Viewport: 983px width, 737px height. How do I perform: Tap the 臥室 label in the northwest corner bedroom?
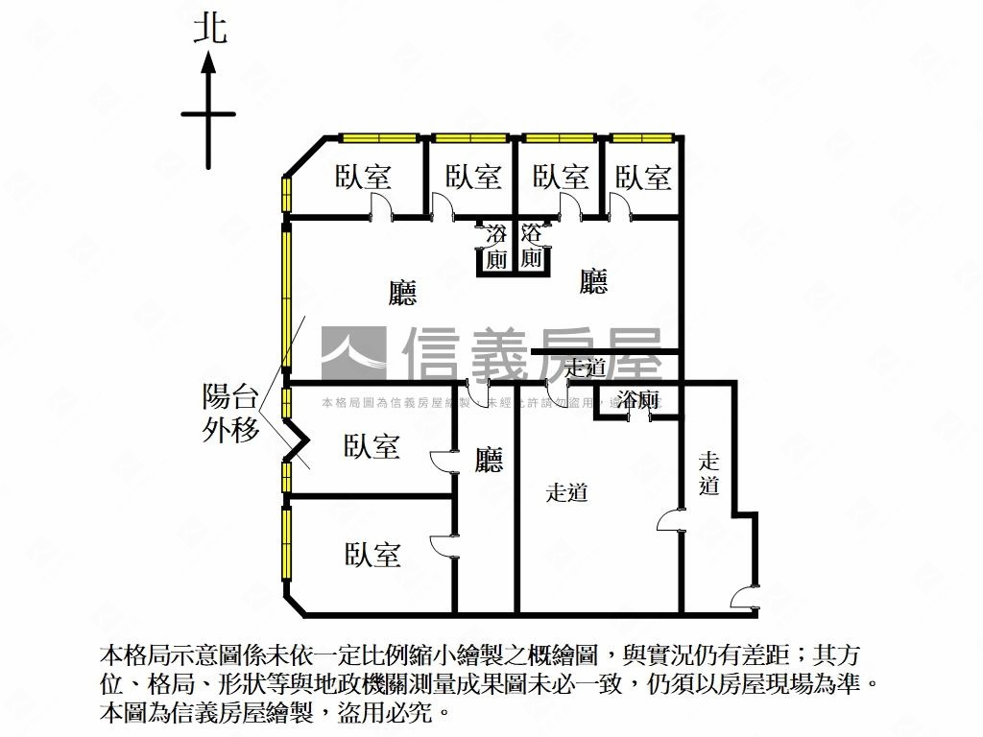[x=363, y=177]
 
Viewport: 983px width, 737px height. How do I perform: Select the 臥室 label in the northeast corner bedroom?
[x=643, y=177]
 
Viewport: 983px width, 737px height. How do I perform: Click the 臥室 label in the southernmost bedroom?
[x=372, y=554]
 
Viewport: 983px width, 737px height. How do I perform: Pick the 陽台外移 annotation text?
[x=231, y=413]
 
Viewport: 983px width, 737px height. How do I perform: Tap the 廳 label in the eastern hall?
[x=594, y=281]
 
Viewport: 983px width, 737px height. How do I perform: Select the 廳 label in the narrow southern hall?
[x=489, y=461]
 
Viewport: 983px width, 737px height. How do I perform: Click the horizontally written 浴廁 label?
[x=638, y=400]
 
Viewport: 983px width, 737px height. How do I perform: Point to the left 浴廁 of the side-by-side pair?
[x=496, y=247]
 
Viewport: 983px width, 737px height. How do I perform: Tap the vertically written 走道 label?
[x=709, y=473]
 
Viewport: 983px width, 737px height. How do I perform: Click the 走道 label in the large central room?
[x=566, y=493]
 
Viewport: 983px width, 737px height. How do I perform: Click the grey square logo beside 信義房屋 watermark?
[x=353, y=353]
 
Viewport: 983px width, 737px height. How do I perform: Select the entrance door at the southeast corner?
[x=745, y=600]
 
